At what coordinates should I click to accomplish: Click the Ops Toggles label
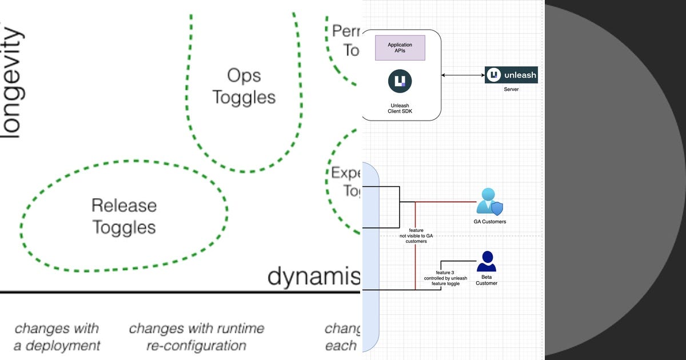(244, 86)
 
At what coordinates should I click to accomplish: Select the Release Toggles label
(124, 216)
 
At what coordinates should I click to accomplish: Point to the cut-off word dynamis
(313, 277)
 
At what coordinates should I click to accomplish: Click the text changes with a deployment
(57, 337)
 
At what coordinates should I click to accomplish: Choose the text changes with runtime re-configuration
(197, 337)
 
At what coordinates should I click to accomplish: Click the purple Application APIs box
(400, 48)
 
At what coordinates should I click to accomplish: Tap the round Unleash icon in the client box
(400, 81)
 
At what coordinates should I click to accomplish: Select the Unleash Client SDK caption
(400, 108)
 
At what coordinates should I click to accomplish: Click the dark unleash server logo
(511, 75)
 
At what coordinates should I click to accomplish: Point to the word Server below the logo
(511, 90)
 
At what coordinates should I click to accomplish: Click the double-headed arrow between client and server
(463, 75)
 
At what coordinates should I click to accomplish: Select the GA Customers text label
(490, 222)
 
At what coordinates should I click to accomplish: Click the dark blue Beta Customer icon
(486, 262)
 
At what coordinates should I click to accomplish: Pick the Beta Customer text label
(486, 279)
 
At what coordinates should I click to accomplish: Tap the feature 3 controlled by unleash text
(445, 278)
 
